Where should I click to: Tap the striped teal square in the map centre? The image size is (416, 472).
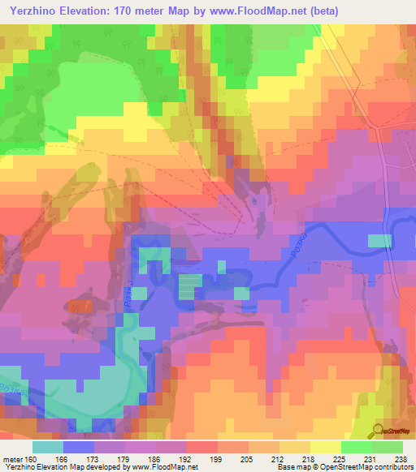tap(188, 285)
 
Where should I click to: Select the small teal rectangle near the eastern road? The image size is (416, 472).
tap(379, 241)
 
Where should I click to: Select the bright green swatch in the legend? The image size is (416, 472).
tap(357, 447)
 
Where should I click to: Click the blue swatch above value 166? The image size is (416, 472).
tap(78, 447)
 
